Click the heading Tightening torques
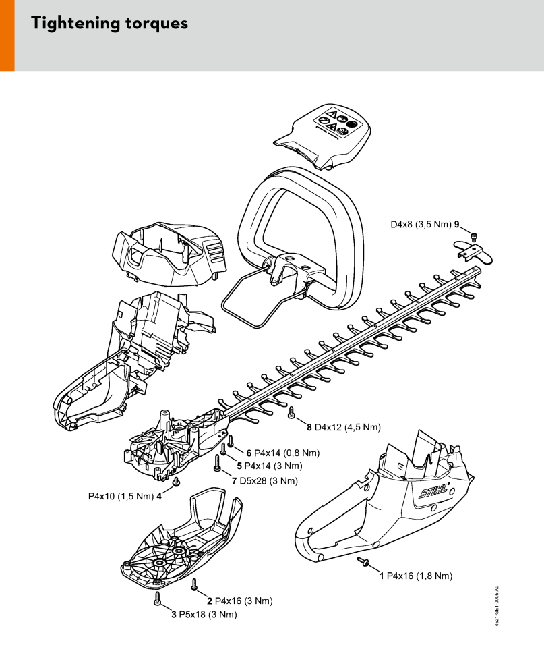point(109,23)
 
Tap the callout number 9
point(457,224)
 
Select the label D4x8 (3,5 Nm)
point(421,224)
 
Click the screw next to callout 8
point(292,412)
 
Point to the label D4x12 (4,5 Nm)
point(347,427)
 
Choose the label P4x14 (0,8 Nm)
point(286,453)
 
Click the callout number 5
point(239,466)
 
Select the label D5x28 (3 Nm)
point(268,481)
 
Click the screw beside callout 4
point(176,481)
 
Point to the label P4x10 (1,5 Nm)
point(121,497)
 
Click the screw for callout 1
point(363,562)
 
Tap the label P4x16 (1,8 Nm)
point(419,576)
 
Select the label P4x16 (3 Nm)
point(243,601)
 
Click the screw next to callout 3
point(158,598)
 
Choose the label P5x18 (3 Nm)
point(208,614)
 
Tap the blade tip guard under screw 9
point(473,252)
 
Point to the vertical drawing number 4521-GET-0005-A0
point(497,605)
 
